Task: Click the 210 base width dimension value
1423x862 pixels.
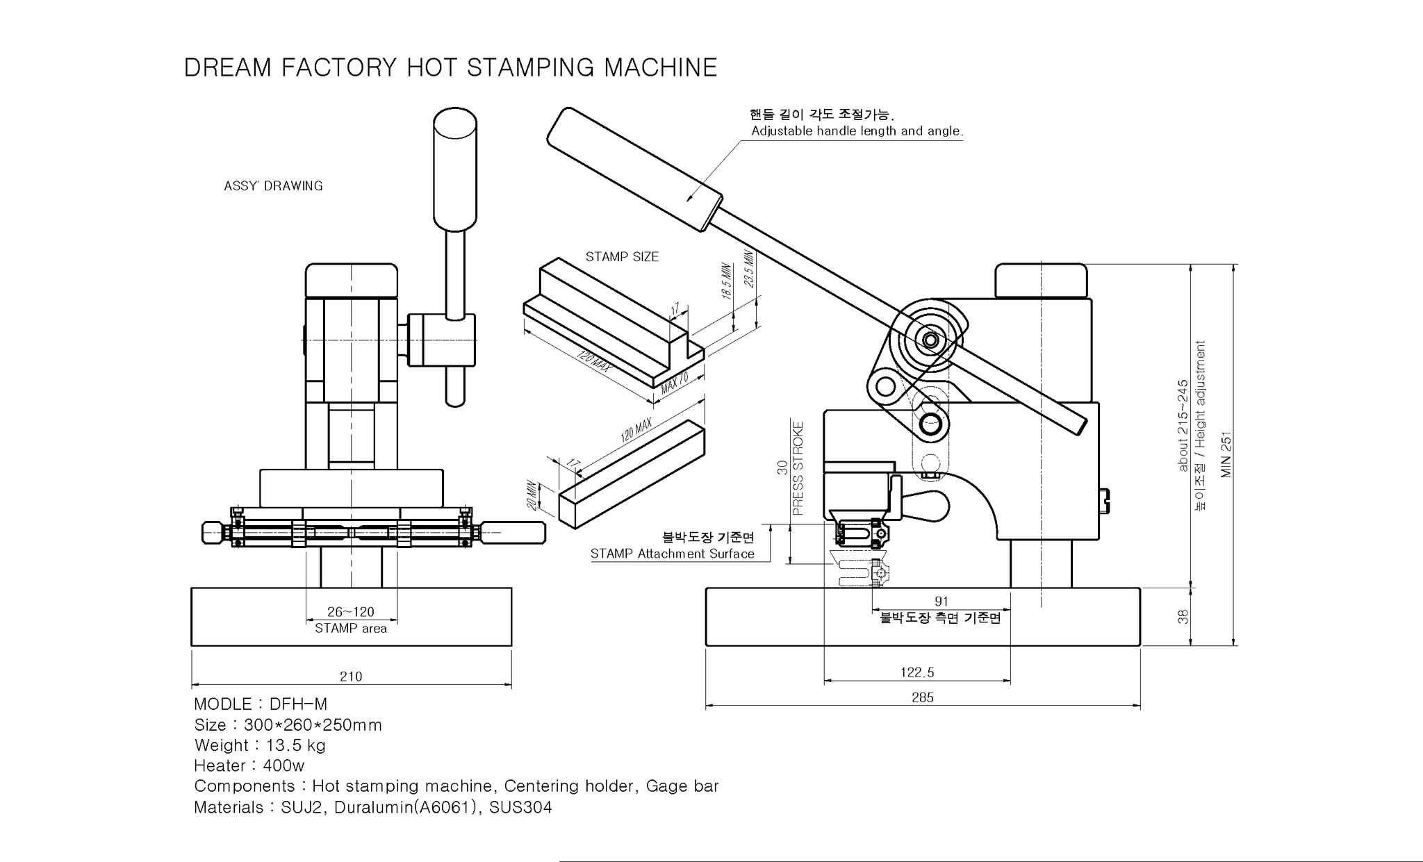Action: tap(351, 677)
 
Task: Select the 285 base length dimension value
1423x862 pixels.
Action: tap(922, 697)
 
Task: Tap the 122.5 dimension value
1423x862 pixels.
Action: tap(917, 672)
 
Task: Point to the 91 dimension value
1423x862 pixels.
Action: tap(941, 602)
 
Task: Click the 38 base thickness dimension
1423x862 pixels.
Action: tap(1183, 616)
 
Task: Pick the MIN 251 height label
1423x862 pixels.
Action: tap(1226, 455)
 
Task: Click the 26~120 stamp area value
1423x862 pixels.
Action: tap(350, 612)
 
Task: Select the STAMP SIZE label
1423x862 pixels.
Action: tap(622, 257)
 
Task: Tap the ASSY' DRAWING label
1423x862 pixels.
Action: tap(273, 186)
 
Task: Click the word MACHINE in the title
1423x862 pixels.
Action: tap(660, 67)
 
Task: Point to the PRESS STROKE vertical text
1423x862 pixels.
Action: tap(798, 468)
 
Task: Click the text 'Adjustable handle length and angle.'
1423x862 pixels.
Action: tap(857, 131)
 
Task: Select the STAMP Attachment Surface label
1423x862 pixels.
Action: tap(672, 554)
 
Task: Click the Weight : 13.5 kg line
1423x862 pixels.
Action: tap(260, 745)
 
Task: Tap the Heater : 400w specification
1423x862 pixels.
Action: tap(249, 765)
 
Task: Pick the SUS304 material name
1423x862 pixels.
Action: tap(520, 807)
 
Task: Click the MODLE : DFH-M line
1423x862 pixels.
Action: tap(261, 704)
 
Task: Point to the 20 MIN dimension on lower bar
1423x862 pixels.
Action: tap(532, 495)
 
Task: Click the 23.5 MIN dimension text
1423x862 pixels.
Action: tap(748, 268)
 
